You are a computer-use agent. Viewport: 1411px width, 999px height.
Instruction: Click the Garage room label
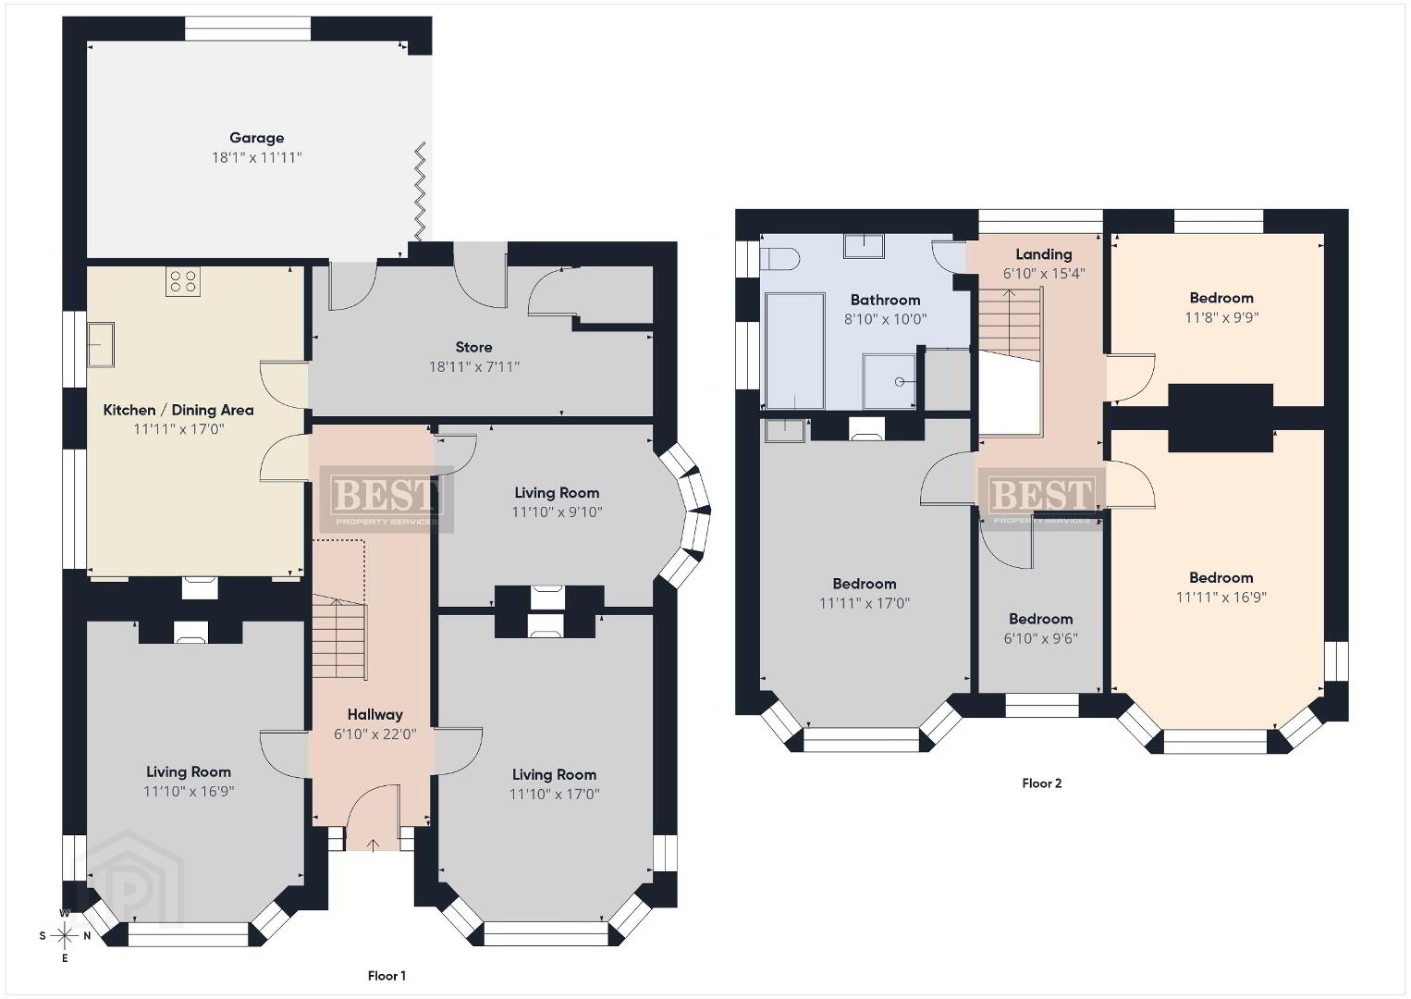pos(256,138)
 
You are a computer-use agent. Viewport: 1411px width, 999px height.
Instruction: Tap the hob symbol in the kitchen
pos(183,281)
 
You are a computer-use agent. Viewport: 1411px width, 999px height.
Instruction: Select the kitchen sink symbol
pos(101,344)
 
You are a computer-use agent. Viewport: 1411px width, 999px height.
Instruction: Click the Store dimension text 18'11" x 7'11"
pos(474,367)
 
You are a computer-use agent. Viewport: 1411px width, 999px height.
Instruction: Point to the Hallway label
pos(375,715)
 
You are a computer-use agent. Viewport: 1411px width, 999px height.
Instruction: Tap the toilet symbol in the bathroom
pos(779,258)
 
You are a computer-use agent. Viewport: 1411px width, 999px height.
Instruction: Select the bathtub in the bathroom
pos(795,351)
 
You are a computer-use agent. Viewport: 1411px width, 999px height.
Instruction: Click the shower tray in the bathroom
pos(890,381)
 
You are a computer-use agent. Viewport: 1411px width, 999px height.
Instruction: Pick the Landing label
pos(1044,254)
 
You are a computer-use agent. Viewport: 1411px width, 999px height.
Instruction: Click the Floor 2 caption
pos(1042,783)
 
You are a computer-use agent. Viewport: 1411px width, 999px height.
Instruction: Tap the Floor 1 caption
pos(386,976)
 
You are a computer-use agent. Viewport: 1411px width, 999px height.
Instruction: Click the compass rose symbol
pos(64,936)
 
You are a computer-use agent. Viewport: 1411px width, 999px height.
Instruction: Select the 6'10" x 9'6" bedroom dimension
pos(1040,638)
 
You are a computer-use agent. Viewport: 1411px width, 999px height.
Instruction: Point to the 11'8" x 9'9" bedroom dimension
pos(1221,317)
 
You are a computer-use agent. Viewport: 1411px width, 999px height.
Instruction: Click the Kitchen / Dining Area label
pos(178,411)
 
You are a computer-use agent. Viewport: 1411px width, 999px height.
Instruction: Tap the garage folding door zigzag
pos(420,191)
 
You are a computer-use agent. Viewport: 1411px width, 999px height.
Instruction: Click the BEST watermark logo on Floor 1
pos(386,499)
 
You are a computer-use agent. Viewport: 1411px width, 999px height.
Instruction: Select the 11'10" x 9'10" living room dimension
pos(557,512)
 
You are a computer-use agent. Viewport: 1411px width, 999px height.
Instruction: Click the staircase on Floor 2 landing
pos(1010,325)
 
